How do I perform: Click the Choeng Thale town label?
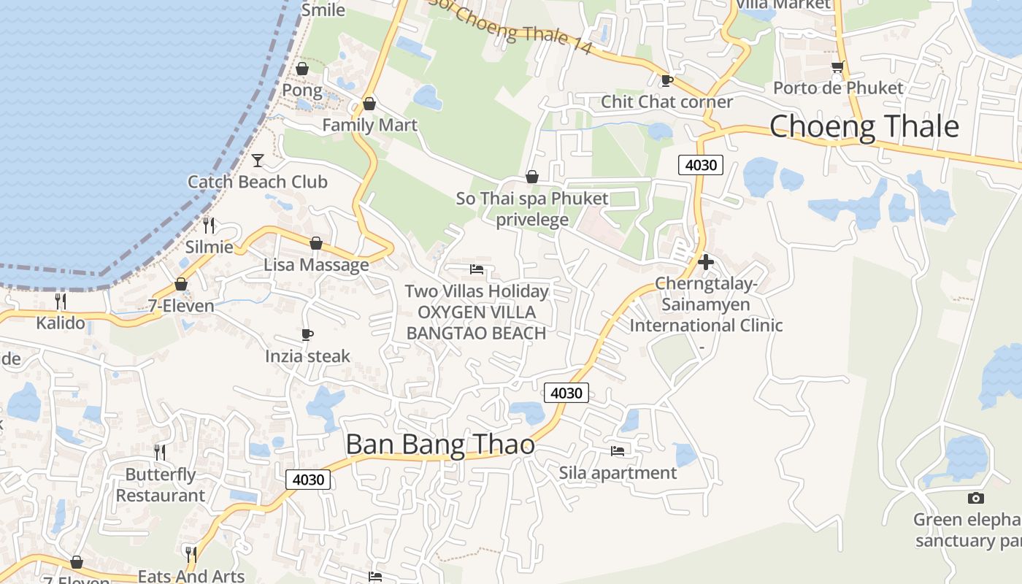click(x=864, y=126)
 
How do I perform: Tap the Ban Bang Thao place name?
click(x=439, y=445)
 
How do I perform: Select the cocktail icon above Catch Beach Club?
click(x=258, y=160)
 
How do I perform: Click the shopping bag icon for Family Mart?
click(x=369, y=104)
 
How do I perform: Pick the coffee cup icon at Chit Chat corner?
click(x=666, y=80)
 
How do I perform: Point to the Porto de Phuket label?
click(x=838, y=88)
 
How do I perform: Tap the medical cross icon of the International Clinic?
click(x=705, y=261)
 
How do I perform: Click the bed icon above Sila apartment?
click(x=618, y=451)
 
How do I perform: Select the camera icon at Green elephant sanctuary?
click(x=975, y=498)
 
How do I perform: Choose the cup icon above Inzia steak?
click(x=307, y=335)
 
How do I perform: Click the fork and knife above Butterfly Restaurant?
click(x=160, y=453)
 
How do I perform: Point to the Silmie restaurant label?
click(x=209, y=247)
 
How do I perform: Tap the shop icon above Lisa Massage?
click(x=316, y=243)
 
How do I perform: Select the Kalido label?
click(x=61, y=323)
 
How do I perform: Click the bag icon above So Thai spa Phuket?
click(x=532, y=177)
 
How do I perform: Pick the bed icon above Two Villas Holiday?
click(x=477, y=269)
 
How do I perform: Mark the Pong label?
click(x=301, y=91)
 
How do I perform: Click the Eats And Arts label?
click(x=191, y=576)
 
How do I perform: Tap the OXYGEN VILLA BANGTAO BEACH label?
click(x=476, y=323)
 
